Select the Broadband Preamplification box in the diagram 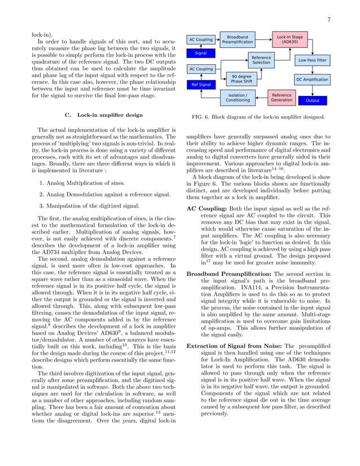click(x=238, y=39)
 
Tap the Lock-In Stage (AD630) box click(x=289, y=39)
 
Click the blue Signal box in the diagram click(x=200, y=53)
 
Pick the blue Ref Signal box click(x=200, y=85)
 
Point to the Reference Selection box click(x=261, y=60)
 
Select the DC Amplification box click(x=312, y=80)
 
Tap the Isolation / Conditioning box click(x=238, y=98)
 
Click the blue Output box click(x=312, y=100)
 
